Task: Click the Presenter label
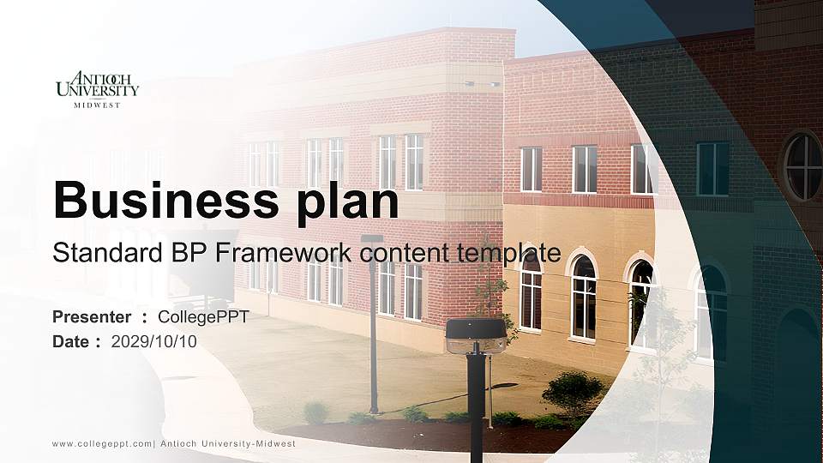92,316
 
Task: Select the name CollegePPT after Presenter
203,316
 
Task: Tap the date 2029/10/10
154,341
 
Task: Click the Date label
71,341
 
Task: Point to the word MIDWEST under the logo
97,105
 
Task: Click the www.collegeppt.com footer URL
102,443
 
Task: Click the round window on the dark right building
802,165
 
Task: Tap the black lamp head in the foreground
476,335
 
